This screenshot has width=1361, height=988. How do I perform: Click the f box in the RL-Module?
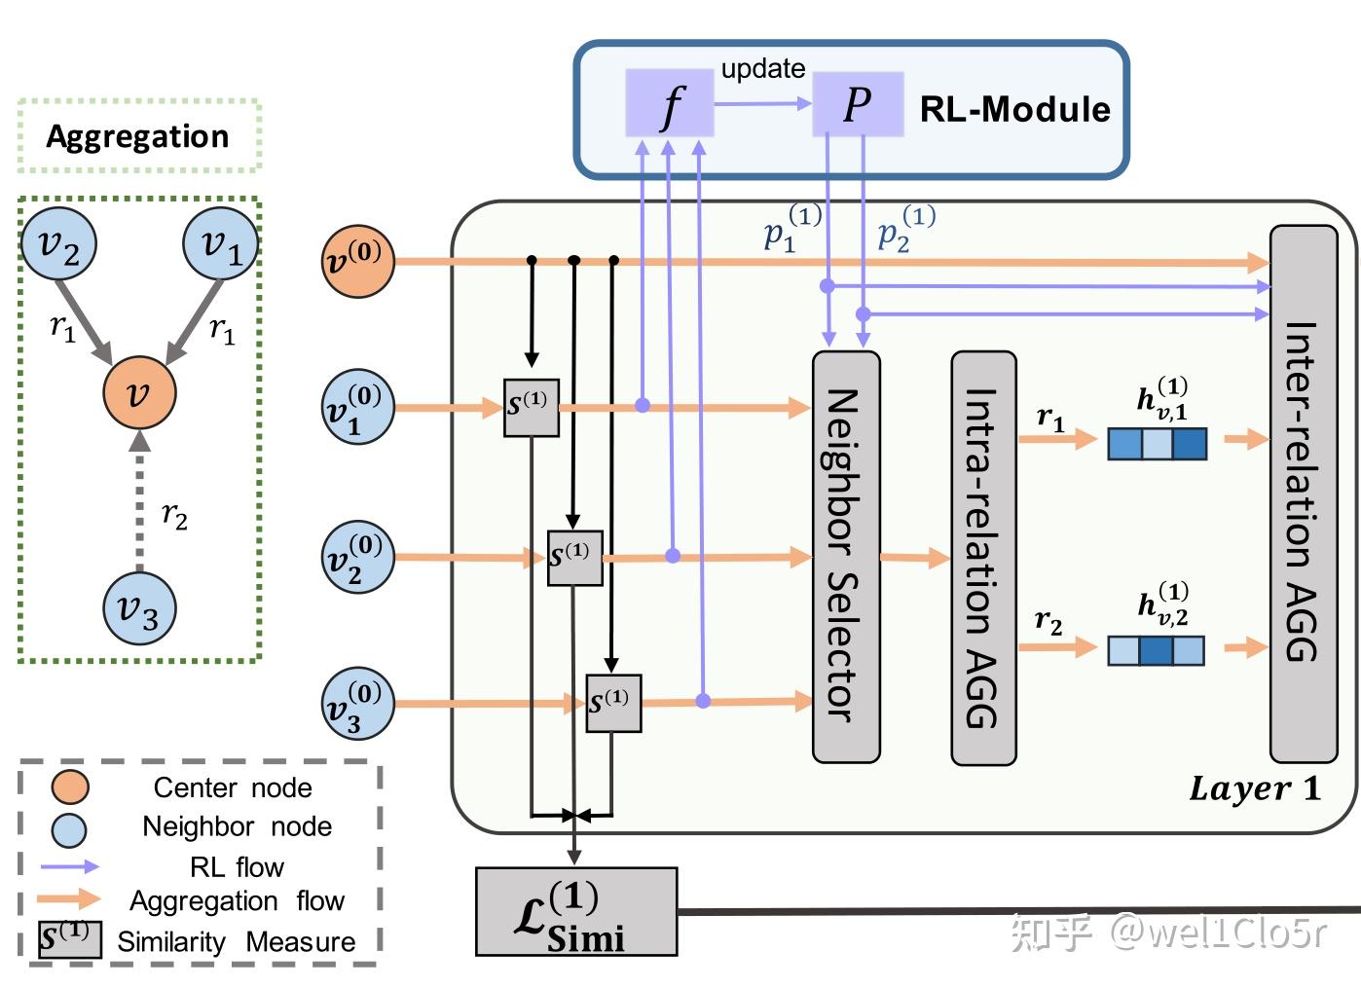tap(669, 103)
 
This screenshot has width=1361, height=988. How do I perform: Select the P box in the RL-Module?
tap(858, 103)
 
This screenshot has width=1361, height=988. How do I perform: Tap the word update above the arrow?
tap(762, 69)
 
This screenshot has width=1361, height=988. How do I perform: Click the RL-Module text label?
tap(1014, 109)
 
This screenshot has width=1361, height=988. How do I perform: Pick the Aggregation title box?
tap(139, 136)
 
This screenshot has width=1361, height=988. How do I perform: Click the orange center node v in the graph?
tap(139, 392)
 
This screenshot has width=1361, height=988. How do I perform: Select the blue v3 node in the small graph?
tap(139, 608)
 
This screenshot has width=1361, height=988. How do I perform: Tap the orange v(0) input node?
tap(358, 261)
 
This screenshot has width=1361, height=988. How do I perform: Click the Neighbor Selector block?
tap(845, 556)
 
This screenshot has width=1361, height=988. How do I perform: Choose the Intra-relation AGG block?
tap(983, 558)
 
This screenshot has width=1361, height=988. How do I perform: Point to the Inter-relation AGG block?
tap(1303, 494)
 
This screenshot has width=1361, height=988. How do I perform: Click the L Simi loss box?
tap(575, 912)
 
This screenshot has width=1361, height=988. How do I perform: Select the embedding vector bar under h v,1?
tap(1157, 444)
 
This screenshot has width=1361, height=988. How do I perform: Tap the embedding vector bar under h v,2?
tap(1156, 650)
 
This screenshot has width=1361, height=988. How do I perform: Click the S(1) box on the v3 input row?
tap(612, 703)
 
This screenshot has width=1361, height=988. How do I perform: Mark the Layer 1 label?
tap(1254, 788)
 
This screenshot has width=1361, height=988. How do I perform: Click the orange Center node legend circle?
tap(70, 787)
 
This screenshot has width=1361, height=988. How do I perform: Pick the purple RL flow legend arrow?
tap(70, 865)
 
